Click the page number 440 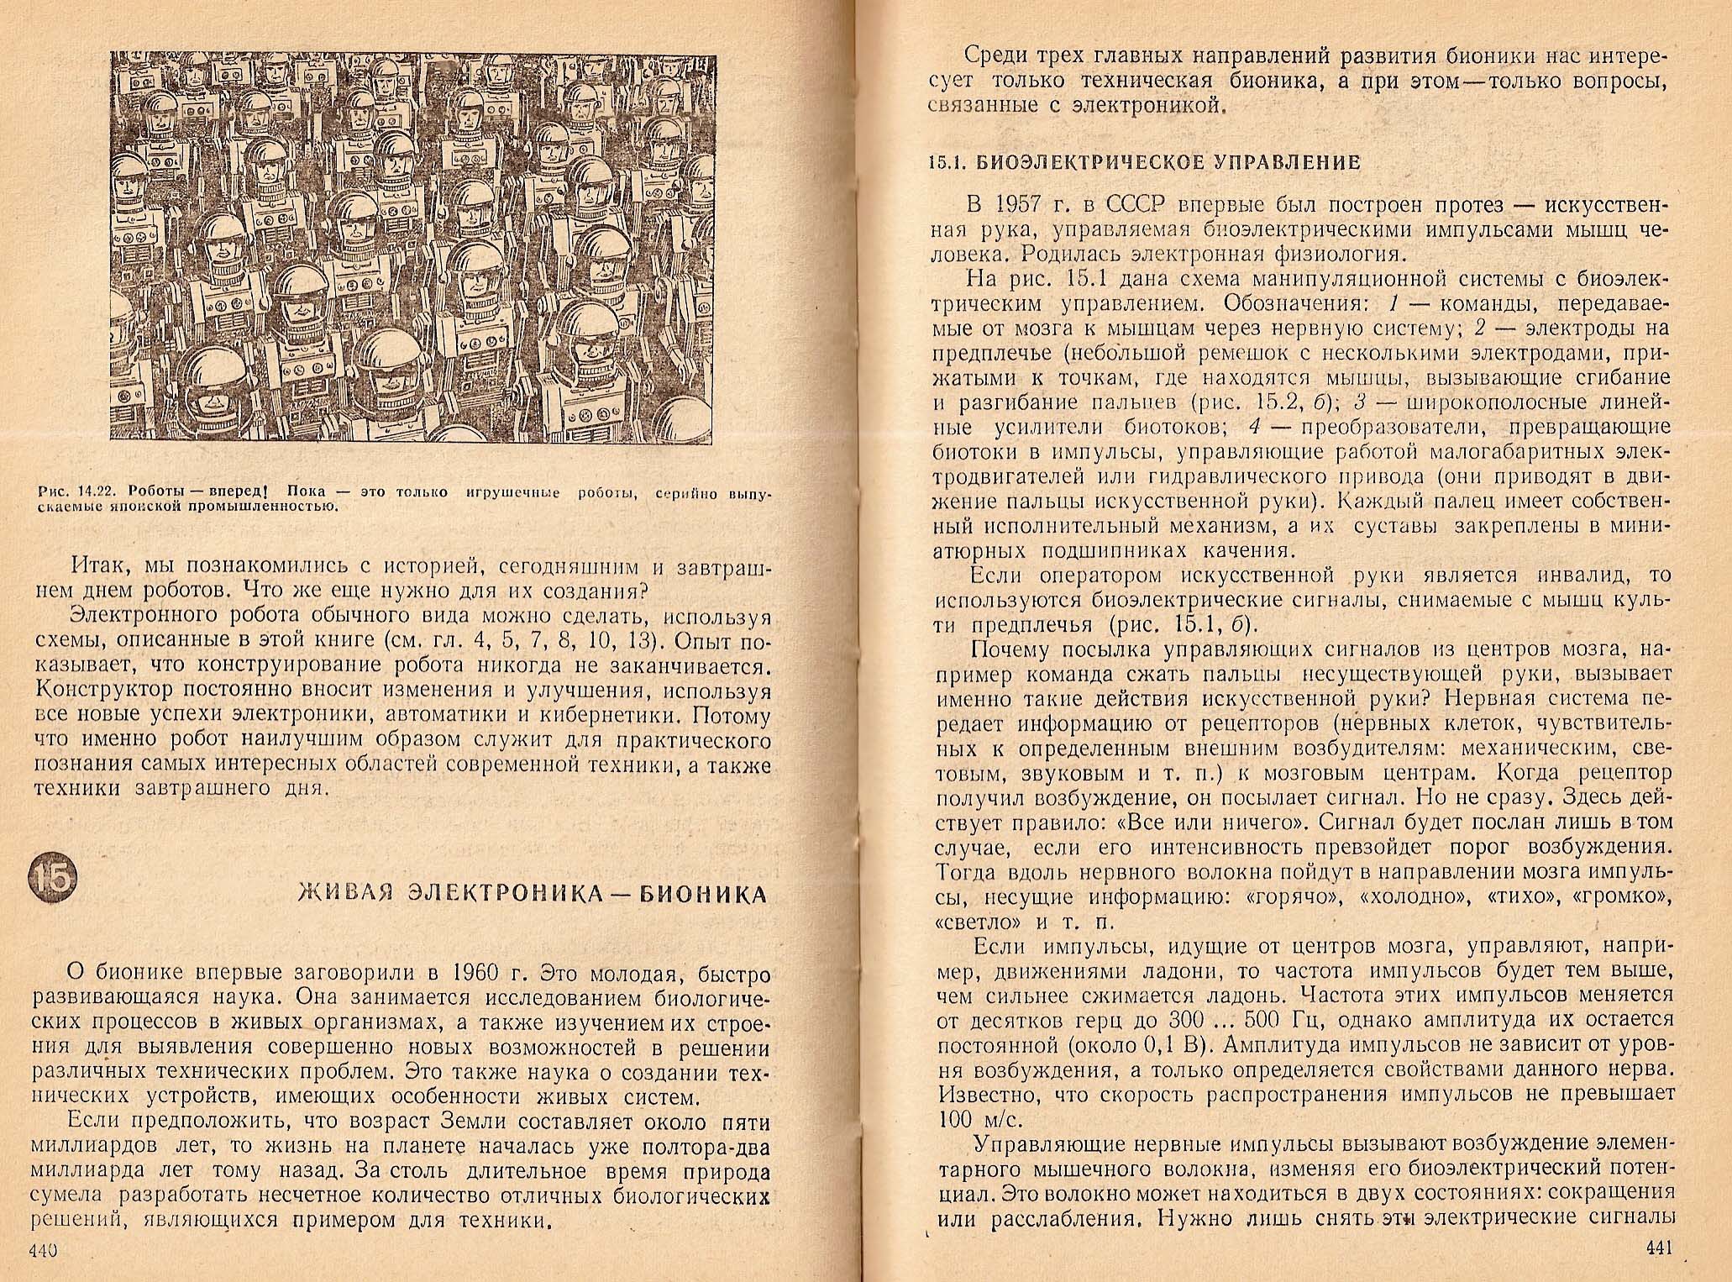(42, 1249)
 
